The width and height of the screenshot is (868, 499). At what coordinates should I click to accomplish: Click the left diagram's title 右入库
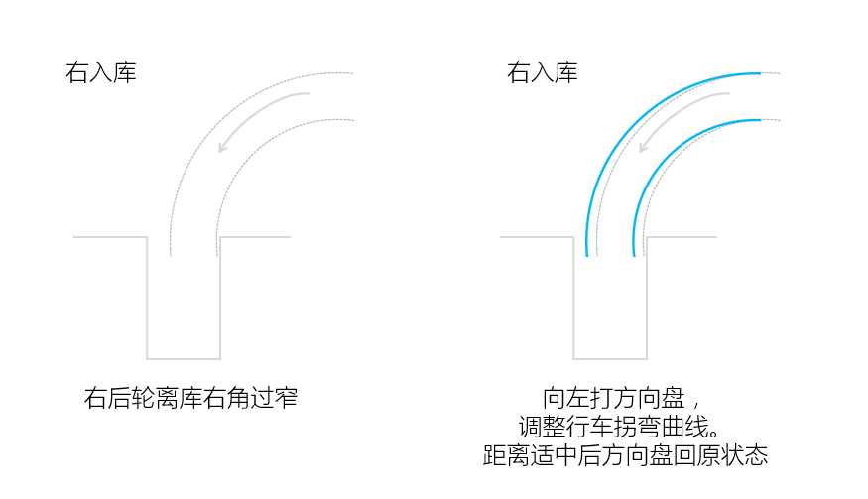[101, 72]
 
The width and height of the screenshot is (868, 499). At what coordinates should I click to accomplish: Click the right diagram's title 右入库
[542, 72]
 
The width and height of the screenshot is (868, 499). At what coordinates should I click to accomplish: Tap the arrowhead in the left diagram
[222, 148]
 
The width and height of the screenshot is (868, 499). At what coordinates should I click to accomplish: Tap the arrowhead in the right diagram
[643, 148]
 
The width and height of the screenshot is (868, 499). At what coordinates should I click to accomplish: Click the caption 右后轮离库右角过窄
[191, 398]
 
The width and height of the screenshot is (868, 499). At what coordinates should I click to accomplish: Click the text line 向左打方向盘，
[622, 398]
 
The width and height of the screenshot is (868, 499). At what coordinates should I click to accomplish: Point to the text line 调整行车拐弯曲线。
[620, 427]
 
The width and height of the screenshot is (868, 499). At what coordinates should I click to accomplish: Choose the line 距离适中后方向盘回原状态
[626, 455]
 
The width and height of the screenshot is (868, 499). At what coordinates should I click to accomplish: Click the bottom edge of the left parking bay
[184, 359]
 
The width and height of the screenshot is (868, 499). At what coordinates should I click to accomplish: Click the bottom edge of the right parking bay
[610, 359]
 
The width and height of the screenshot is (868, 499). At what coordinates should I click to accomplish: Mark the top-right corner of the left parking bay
[220, 237]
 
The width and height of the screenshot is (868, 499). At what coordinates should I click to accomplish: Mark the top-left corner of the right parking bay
[573, 237]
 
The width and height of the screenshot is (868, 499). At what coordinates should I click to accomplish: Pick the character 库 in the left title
[125, 72]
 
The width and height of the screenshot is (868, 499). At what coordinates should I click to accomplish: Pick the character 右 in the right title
[518, 72]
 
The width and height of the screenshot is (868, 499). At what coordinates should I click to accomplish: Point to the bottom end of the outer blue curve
[587, 256]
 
